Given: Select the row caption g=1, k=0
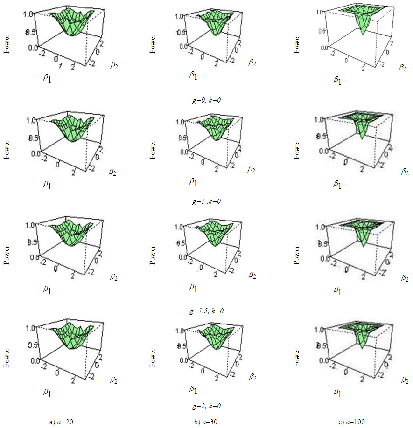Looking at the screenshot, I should [206, 201].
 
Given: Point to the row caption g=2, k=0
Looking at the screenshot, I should [206, 406].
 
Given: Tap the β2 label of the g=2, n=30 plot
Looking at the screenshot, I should [252, 376].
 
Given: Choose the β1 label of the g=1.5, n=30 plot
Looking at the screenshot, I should [193, 288].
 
